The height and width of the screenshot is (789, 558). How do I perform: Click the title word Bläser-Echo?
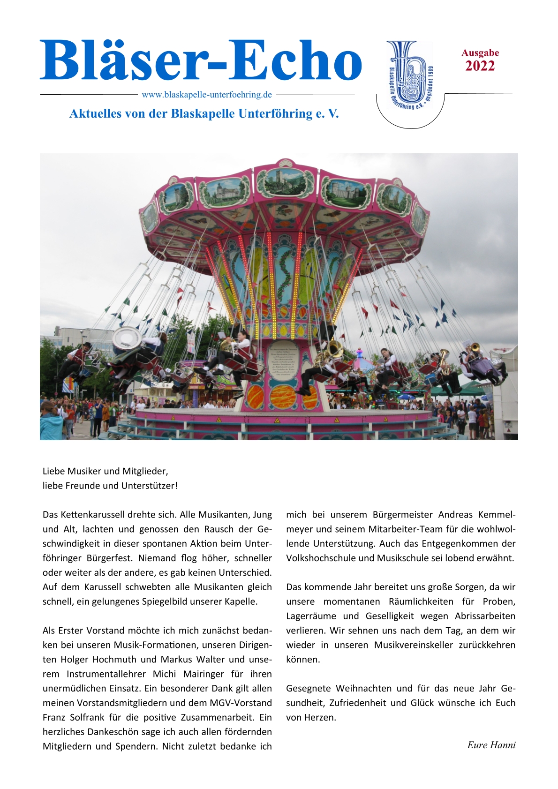pyautogui.click(x=201, y=61)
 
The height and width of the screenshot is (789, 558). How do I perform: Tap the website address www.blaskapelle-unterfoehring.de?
pyautogui.click(x=207, y=95)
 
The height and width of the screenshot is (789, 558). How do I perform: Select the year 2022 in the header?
pyautogui.click(x=480, y=66)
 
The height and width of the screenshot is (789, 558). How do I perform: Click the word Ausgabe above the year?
pyautogui.click(x=480, y=53)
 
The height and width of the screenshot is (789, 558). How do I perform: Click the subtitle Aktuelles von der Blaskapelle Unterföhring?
pyautogui.click(x=204, y=114)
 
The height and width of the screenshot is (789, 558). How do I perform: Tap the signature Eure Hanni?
pyautogui.click(x=491, y=745)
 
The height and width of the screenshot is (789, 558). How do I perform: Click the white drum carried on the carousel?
pyautogui.click(x=126, y=338)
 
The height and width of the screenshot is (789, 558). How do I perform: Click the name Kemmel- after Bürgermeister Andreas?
pyautogui.click(x=497, y=515)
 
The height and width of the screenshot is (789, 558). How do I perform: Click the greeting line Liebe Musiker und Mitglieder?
pyautogui.click(x=106, y=471)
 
